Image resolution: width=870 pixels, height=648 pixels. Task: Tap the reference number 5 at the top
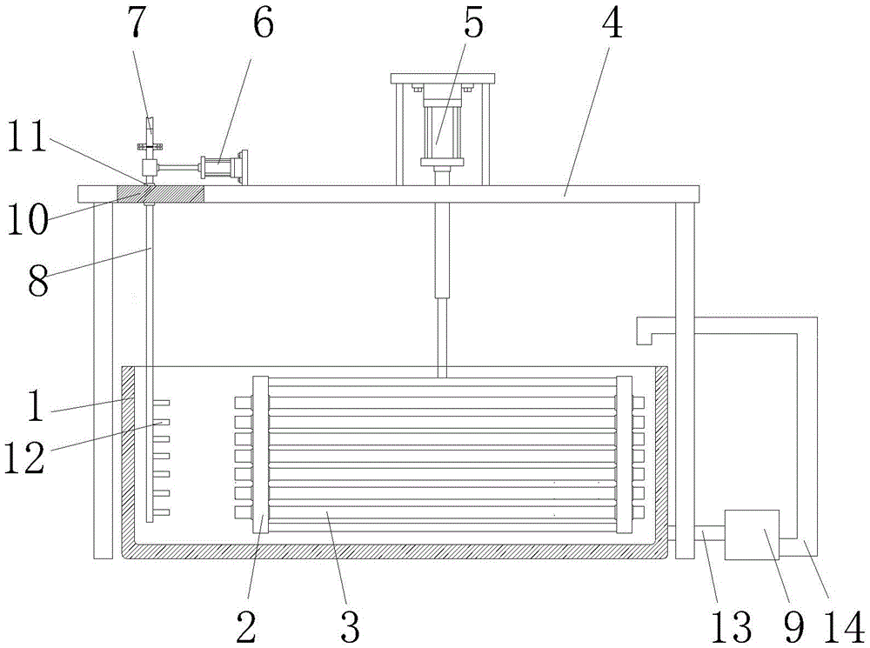click(x=473, y=25)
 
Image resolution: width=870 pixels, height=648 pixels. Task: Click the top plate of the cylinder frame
click(x=444, y=79)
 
